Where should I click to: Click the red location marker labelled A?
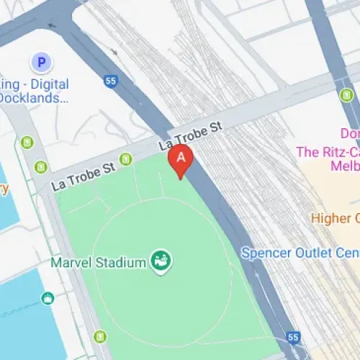(x=181, y=158)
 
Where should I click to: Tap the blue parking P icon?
(x=41, y=63)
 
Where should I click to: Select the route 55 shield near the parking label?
(x=110, y=81)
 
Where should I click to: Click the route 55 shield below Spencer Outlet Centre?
(x=292, y=337)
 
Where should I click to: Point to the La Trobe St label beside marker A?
(x=191, y=137)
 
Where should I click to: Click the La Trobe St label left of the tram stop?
(x=84, y=175)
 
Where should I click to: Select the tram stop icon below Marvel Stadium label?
(x=100, y=336)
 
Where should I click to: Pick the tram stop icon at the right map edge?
(x=351, y=115)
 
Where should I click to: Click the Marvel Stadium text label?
(x=98, y=263)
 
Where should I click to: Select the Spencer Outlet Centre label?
(x=300, y=253)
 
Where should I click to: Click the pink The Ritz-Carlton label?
(x=328, y=152)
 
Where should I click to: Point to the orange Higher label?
(x=335, y=217)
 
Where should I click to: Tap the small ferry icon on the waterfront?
(x=48, y=298)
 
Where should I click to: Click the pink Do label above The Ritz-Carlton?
(x=349, y=134)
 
